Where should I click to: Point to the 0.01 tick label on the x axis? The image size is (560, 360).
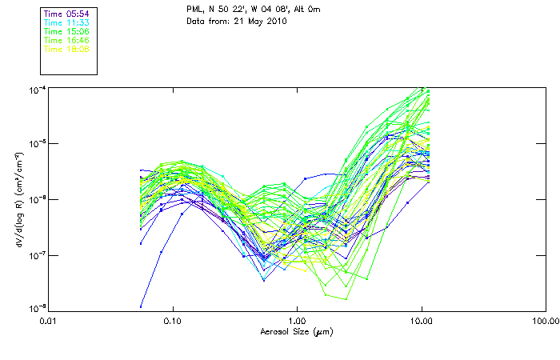(50, 320)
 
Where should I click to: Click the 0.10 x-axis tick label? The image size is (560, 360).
(173, 320)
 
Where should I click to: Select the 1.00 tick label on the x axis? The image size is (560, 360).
(297, 320)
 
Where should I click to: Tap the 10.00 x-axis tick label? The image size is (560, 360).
(421, 320)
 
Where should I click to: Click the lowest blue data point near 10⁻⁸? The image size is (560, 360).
(142, 306)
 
